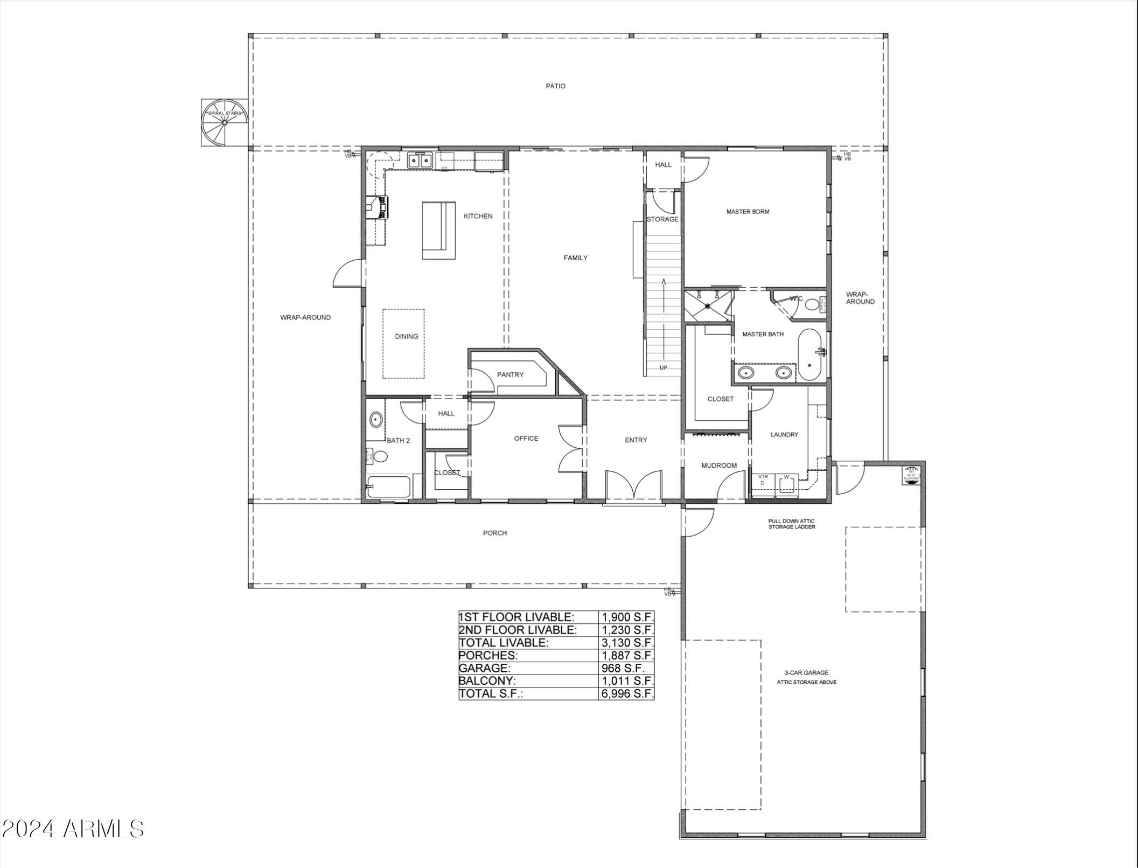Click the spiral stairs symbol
pos(225,122)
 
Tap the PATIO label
pos(555,86)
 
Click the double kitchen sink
pos(420,161)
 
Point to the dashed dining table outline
pos(403,343)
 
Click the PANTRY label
pos(509,374)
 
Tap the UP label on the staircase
pos(664,368)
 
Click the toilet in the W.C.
pos(812,304)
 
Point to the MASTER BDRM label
pos(748,212)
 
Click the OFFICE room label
pos(526,438)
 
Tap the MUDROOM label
pos(718,465)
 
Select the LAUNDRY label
pos(784,434)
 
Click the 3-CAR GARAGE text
pos(806,672)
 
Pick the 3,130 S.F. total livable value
pos(627,642)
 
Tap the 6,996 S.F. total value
pos(627,693)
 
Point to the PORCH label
pos(494,533)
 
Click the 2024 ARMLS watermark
pos(73,829)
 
